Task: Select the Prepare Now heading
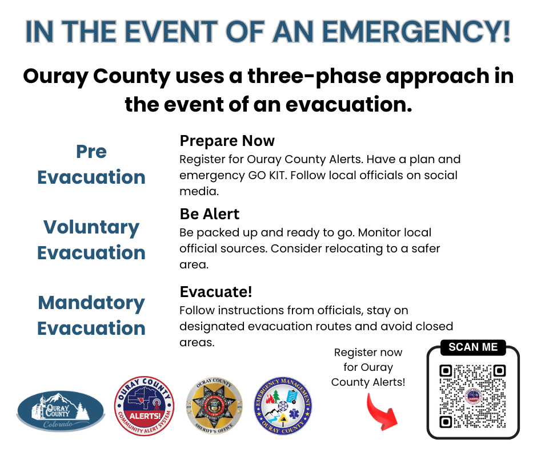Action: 227,141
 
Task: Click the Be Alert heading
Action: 209,214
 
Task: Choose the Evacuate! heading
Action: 215,292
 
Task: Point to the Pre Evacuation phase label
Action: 91,164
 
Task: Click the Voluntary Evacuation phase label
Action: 91,240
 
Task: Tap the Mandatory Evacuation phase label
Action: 91,315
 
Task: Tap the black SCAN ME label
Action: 472,347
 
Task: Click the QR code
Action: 472,397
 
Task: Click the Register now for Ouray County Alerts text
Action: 368,367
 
